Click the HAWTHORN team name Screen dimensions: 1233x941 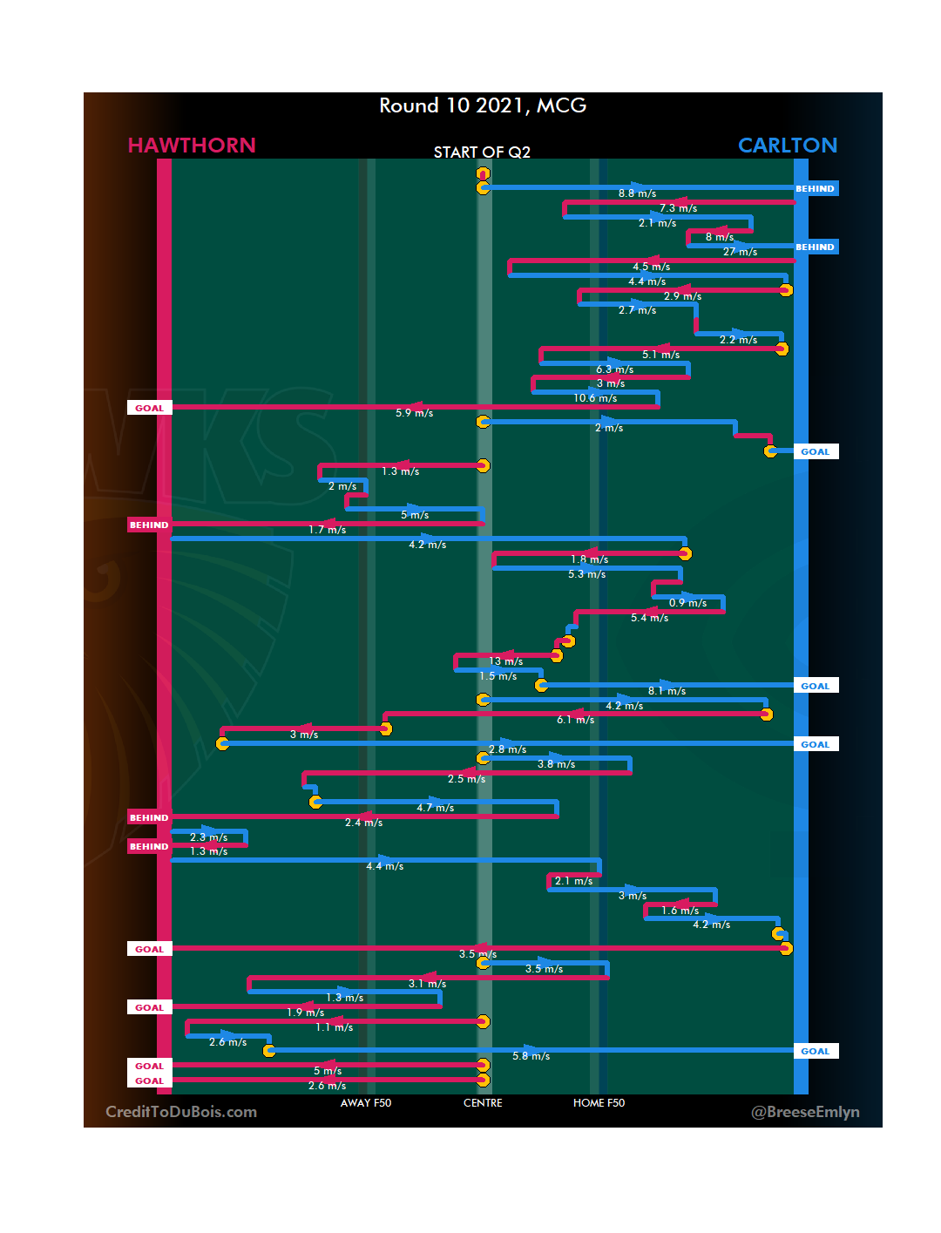(192, 146)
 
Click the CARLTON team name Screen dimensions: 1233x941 (787, 146)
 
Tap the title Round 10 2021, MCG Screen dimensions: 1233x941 (483, 105)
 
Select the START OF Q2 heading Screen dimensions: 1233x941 (482, 152)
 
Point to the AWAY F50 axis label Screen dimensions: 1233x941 (366, 1103)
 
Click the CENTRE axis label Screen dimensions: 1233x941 (483, 1103)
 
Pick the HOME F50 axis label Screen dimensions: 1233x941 (599, 1103)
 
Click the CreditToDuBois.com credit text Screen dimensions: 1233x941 (181, 1112)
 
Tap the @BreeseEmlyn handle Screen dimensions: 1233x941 (805, 1112)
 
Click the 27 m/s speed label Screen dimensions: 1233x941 (740, 252)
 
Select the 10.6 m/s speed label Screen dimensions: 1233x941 (595, 398)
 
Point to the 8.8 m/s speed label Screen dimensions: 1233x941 (637, 193)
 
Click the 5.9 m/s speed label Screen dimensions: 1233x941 (414, 413)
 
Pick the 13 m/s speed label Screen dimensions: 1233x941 (506, 661)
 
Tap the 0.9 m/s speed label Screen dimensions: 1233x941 (687, 603)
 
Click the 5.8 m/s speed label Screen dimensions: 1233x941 (531, 1056)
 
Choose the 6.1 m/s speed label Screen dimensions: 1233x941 (575, 720)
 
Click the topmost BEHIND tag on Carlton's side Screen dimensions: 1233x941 (816, 188)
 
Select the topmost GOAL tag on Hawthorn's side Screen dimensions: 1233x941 (149, 408)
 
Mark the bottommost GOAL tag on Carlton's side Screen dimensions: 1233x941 (816, 1051)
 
